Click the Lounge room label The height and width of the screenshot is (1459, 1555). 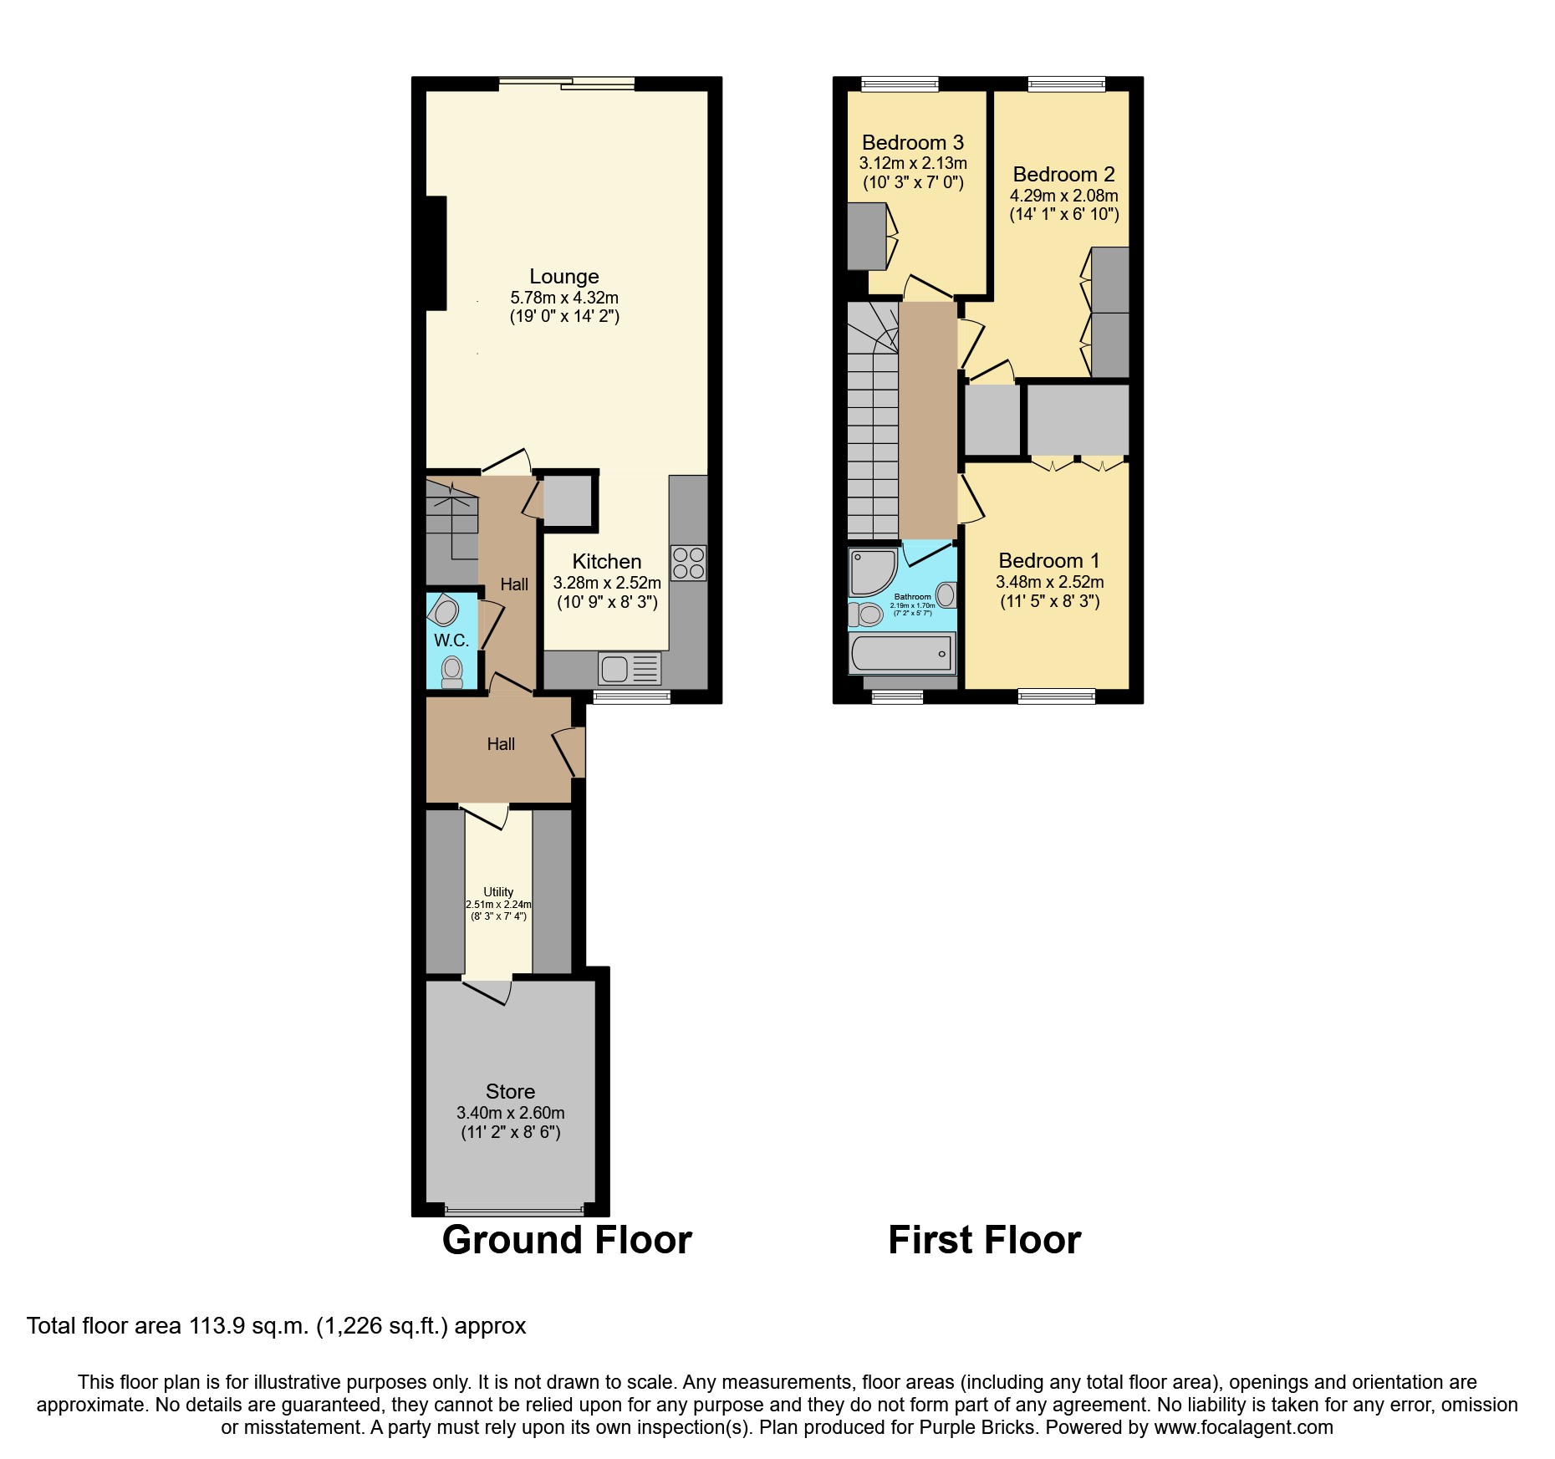pyautogui.click(x=563, y=277)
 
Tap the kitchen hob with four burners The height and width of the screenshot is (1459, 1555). pyautogui.click(x=688, y=563)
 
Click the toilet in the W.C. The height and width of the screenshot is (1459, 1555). pyautogui.click(x=452, y=671)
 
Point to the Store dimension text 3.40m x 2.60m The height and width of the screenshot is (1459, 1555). pyautogui.click(x=510, y=1113)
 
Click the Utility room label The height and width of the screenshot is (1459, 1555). pyautogui.click(x=498, y=892)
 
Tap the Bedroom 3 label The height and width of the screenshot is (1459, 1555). pyautogui.click(x=912, y=143)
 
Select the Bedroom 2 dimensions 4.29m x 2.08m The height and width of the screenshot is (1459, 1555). pyautogui.click(x=1063, y=196)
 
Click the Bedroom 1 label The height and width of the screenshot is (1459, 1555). pyautogui.click(x=1048, y=561)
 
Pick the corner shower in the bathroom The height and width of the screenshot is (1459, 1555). pyautogui.click(x=869, y=572)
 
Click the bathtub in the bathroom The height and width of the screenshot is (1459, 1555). pyautogui.click(x=901, y=653)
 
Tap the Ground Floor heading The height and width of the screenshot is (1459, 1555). pyautogui.click(x=567, y=1240)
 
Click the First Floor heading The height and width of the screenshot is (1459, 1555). pyautogui.click(x=984, y=1240)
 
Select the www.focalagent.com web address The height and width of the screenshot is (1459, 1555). pyautogui.click(x=1243, y=1427)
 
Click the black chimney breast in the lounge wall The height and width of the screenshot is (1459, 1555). pyautogui.click(x=436, y=253)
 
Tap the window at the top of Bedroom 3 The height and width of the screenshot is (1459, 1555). pyautogui.click(x=900, y=84)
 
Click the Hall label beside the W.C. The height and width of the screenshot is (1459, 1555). pyautogui.click(x=514, y=584)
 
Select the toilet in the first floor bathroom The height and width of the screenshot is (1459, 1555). pyautogui.click(x=866, y=615)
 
